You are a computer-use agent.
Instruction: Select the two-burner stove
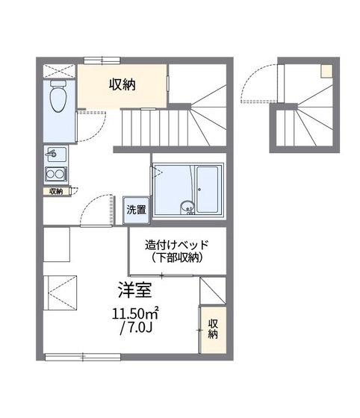[55, 175]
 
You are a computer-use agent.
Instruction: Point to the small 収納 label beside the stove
[57, 191]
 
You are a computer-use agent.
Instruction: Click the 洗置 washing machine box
[135, 210]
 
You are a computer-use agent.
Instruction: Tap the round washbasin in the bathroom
[185, 207]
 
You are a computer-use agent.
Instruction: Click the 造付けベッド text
[176, 244]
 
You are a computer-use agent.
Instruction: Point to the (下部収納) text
[176, 258]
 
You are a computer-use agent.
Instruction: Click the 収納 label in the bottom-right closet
[213, 328]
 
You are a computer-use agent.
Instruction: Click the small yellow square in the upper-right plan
[327, 71]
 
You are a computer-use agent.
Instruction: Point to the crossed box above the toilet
[58, 72]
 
